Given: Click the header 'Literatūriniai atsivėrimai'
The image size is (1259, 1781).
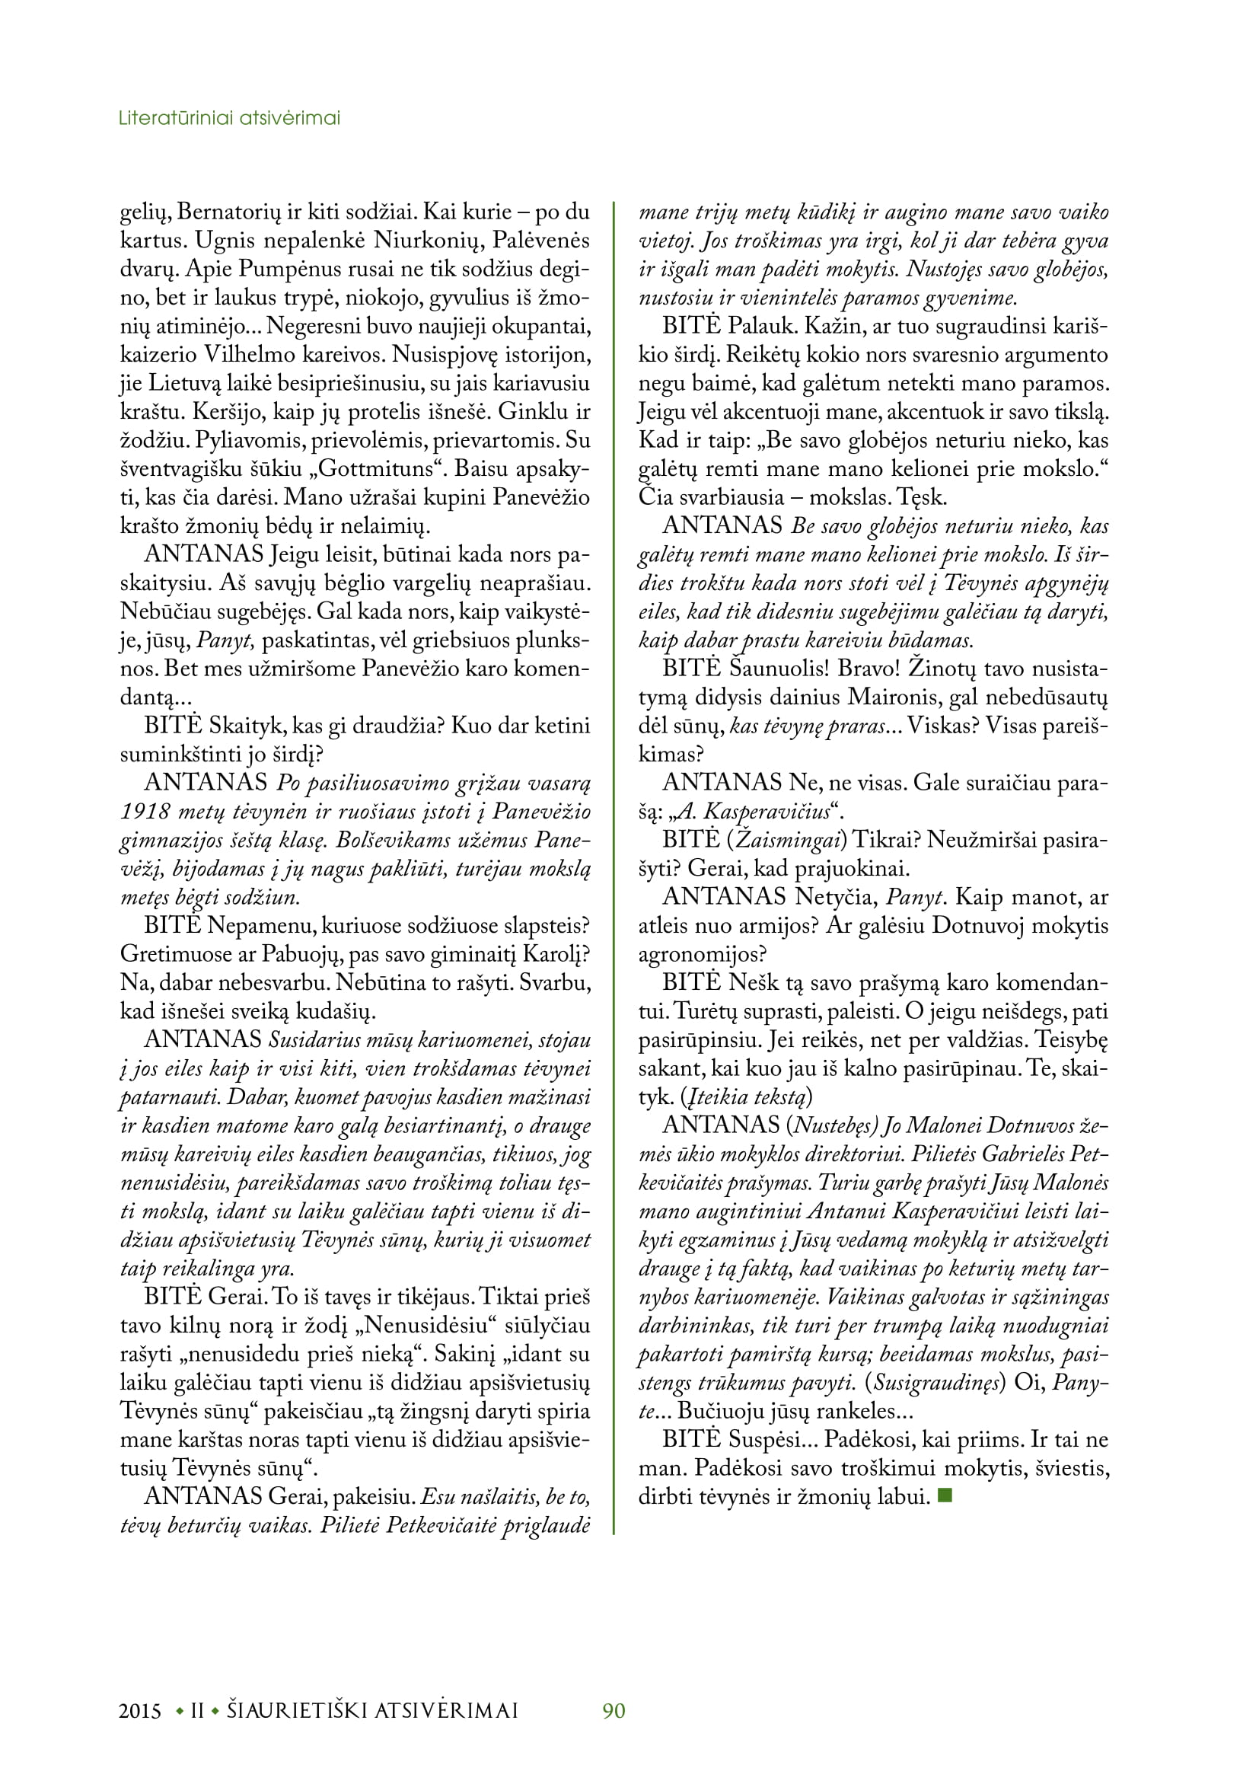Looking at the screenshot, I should click(x=229, y=119).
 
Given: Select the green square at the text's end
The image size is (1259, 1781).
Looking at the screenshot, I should click(x=944, y=1495).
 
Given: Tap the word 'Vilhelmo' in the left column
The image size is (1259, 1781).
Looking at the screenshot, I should click(x=256, y=356).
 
